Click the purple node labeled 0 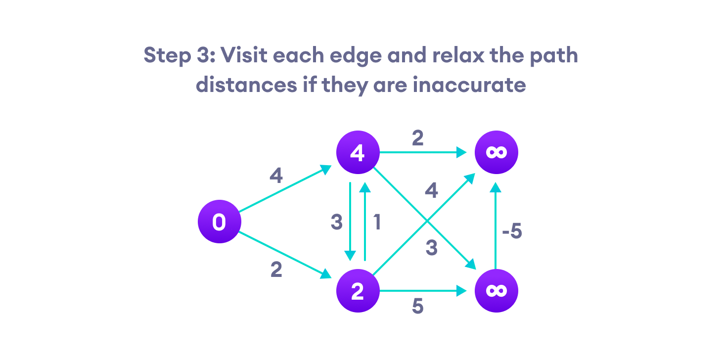[219, 222]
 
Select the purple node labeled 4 [357, 152]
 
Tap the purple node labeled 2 [357, 291]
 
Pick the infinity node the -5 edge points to [496, 152]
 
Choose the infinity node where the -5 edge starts [496, 291]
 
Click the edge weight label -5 [512, 232]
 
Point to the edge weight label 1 [377, 223]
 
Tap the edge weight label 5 [418, 307]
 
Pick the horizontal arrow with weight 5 [423, 291]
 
